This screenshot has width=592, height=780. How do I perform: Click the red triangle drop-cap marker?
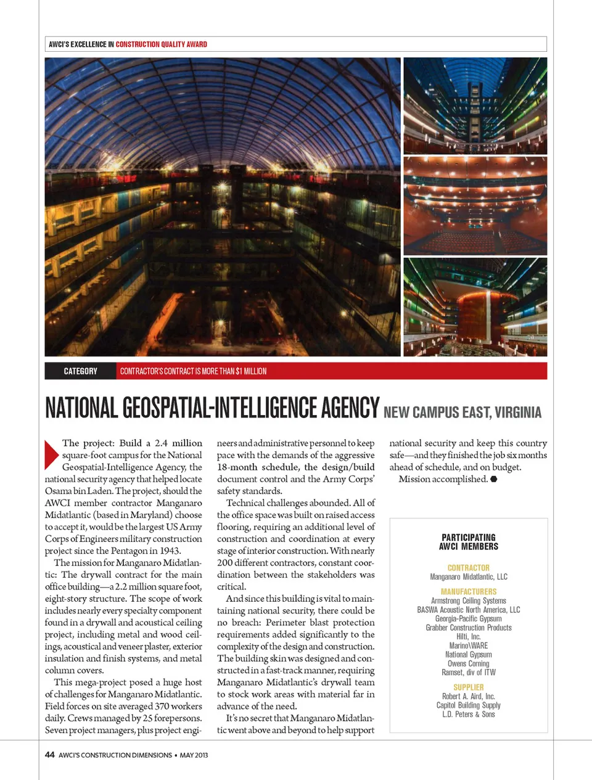[x=52, y=454]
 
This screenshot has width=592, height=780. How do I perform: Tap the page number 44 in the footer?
[x=50, y=755]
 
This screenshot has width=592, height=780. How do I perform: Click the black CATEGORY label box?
[x=80, y=371]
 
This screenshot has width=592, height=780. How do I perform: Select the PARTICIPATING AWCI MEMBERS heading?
[x=469, y=542]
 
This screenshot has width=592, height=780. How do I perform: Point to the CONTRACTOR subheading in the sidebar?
[x=469, y=568]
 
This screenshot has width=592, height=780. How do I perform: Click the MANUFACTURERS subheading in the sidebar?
[x=469, y=592]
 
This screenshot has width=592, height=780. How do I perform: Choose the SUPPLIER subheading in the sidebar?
[x=469, y=688]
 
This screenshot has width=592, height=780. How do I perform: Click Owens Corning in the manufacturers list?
[x=469, y=663]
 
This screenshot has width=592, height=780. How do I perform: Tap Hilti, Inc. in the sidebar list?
[x=469, y=636]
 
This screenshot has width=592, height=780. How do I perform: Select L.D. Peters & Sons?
[x=469, y=714]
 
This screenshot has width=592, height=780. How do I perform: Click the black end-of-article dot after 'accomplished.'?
[x=494, y=479]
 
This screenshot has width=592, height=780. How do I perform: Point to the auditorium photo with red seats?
[x=475, y=206]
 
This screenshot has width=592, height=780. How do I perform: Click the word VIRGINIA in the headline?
[x=518, y=413]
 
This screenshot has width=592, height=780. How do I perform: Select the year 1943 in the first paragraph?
[x=170, y=551]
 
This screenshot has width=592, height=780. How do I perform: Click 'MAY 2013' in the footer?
[x=194, y=755]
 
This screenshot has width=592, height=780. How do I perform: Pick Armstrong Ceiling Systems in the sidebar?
[x=469, y=601]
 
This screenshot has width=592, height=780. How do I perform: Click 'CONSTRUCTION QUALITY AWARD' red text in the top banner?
[x=162, y=44]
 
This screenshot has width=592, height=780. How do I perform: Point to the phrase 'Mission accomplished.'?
[x=443, y=479]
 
